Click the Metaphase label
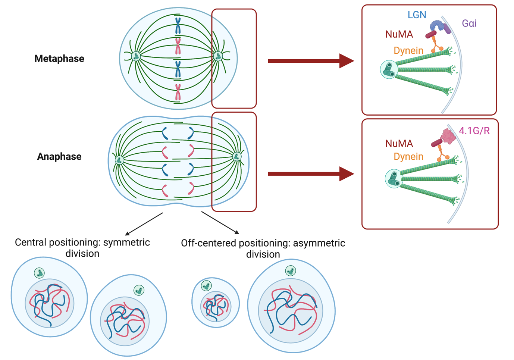coord(59,59)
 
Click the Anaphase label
coord(59,156)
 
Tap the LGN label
coord(417,15)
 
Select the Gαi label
coord(469,24)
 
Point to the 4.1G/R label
coord(474,131)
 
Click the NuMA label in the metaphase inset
coord(399,35)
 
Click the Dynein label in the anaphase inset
coord(408,157)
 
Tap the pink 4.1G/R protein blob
coord(448,137)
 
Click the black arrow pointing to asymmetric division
coord(220,223)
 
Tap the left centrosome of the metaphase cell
coord(136,56)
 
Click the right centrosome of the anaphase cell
coord(236,156)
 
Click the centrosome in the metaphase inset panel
coord(389,69)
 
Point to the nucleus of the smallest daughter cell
coord(216,306)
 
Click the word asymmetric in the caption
coord(319,243)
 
